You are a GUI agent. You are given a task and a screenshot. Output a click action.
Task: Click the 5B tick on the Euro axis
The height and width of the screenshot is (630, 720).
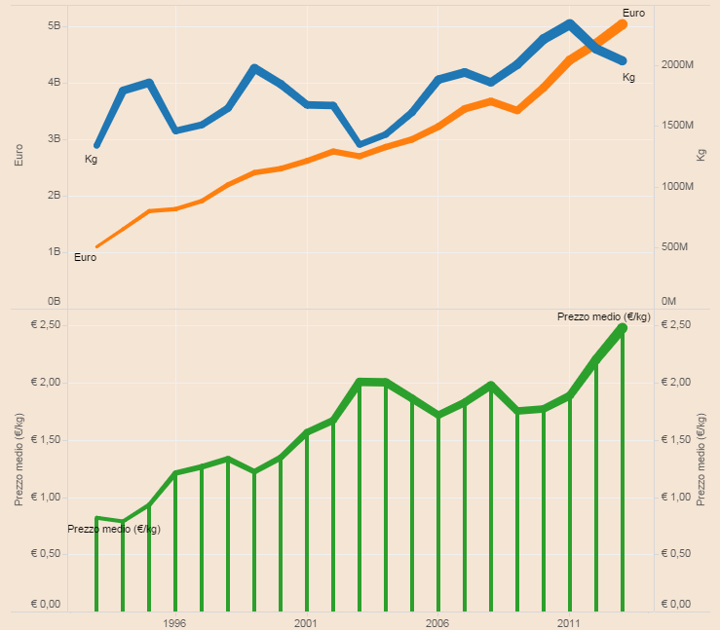(54, 26)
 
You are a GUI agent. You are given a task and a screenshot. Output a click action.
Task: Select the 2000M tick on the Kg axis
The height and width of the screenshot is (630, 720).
(676, 64)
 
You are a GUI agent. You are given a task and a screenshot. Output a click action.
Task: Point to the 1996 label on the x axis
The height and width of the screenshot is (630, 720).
(175, 621)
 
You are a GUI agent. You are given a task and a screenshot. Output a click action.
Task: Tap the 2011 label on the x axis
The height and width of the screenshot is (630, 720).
(569, 621)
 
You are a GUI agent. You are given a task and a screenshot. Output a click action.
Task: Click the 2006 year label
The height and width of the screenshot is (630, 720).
(437, 621)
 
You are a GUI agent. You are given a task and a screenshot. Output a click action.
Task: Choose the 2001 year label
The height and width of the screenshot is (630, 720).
(306, 621)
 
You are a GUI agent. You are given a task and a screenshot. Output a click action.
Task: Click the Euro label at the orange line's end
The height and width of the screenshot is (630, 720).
(633, 13)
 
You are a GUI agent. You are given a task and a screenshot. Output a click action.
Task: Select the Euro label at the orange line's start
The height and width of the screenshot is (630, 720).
(86, 257)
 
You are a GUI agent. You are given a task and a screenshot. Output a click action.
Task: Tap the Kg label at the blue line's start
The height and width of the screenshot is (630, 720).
(92, 159)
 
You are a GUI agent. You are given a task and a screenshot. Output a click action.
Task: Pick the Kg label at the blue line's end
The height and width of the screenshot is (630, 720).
(628, 77)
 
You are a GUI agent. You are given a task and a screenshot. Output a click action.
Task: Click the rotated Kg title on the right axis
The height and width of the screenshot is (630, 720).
(701, 155)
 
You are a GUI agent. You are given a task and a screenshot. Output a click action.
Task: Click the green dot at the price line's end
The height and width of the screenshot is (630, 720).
(623, 329)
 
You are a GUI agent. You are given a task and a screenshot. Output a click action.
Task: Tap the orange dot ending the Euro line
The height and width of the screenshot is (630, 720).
(623, 22)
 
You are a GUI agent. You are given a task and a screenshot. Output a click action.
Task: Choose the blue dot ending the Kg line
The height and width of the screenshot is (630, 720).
(623, 61)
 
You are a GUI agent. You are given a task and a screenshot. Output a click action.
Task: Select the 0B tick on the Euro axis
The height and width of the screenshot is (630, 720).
(54, 301)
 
